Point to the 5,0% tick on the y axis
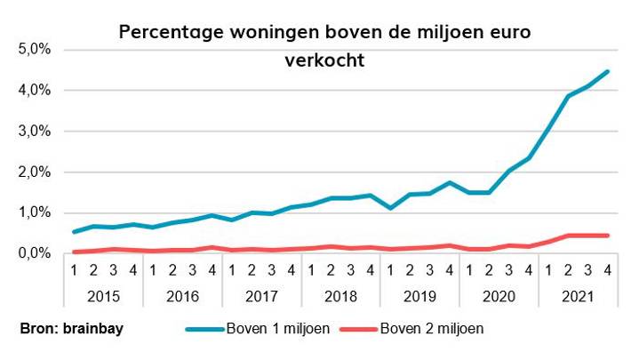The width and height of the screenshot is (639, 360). pyautogui.click(x=33, y=50)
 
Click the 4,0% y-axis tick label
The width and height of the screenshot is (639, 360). pyautogui.click(x=33, y=91)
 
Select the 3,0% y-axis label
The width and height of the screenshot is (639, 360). pyautogui.click(x=33, y=132)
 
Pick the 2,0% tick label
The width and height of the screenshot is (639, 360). pyautogui.click(x=33, y=172)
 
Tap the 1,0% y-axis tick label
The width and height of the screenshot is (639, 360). pyautogui.click(x=33, y=213)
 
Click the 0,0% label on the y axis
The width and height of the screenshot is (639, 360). pyautogui.click(x=33, y=254)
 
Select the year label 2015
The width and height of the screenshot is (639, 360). pyautogui.click(x=104, y=293)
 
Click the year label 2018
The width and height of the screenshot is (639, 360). pyautogui.click(x=341, y=293)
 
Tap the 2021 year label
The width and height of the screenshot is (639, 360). pyautogui.click(x=578, y=293)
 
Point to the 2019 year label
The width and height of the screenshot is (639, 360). pyautogui.click(x=419, y=293)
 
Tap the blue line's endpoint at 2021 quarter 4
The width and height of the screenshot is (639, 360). pyautogui.click(x=607, y=71)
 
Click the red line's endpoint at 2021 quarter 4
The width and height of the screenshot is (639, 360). pyautogui.click(x=607, y=236)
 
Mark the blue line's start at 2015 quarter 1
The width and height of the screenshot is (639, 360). pyautogui.click(x=75, y=232)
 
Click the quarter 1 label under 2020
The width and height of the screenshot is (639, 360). pyautogui.click(x=469, y=270)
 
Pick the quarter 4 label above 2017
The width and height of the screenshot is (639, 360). pyautogui.click(x=292, y=270)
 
